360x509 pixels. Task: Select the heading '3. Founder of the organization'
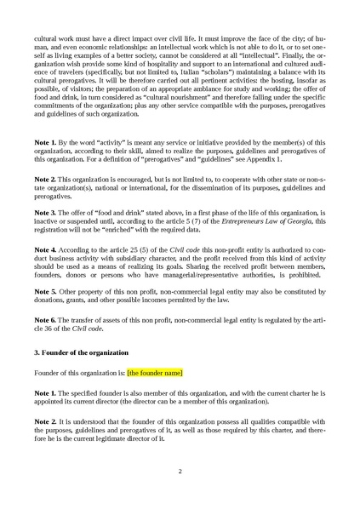[x=83, y=352]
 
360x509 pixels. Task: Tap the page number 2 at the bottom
[x=180, y=470]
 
